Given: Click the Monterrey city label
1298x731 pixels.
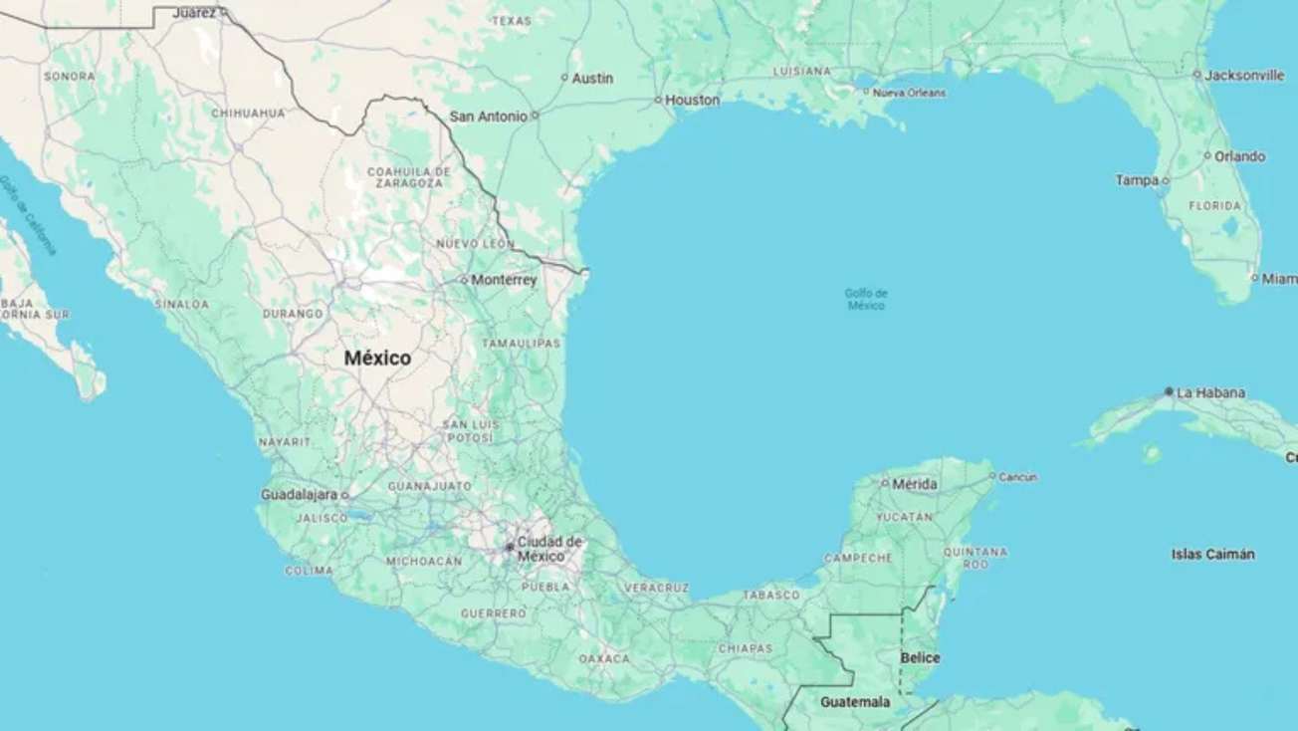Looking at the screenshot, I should coord(504,280).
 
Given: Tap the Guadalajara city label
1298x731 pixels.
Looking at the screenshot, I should coord(299,494).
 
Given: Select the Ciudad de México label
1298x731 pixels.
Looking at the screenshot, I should coord(548,549).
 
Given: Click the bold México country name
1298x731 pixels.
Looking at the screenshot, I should coord(377,358).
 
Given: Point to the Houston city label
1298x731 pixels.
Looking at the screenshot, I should coord(692,100).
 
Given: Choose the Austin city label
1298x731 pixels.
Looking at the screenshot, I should coord(592,78).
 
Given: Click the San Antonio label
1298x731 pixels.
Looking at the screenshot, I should coord(488,116).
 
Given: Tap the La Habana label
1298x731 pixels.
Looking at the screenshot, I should coord(1210,392).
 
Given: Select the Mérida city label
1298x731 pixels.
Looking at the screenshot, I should coord(914,484).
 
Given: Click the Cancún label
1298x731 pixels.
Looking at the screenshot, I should coord(1017,477).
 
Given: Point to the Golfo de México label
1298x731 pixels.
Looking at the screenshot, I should coord(866,299).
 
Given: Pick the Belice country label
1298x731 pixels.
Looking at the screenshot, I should coord(920,658).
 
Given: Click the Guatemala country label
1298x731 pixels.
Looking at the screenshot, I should coord(855,702).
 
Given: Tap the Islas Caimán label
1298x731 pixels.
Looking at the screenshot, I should coord(1212,554).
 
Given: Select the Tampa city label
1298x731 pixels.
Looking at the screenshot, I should coord(1137,180).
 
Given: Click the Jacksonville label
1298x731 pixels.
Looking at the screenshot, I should coord(1244,75).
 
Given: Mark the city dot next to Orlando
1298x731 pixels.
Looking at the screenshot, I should coord(1207,155).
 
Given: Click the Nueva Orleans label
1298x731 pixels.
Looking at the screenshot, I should coord(909,93).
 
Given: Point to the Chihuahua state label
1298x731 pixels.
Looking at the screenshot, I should coord(248,114).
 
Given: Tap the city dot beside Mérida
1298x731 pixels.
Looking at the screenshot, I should coord(885,483).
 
